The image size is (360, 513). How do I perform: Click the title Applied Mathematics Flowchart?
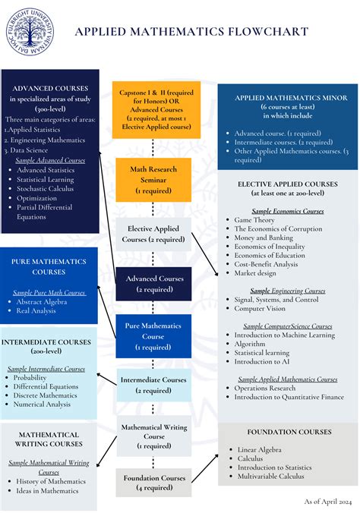191,32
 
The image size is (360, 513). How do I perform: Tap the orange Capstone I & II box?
156,109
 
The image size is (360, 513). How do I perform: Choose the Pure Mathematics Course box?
153,336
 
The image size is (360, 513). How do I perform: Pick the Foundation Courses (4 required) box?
153,483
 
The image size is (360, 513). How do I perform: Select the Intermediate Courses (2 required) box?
153,384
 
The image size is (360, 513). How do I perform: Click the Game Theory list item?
254,220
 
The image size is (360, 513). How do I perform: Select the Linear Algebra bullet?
260,449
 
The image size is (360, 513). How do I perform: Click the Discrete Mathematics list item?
45,395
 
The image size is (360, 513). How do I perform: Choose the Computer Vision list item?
260,309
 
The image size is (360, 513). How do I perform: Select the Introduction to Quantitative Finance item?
289,396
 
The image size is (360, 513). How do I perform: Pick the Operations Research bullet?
266,387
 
